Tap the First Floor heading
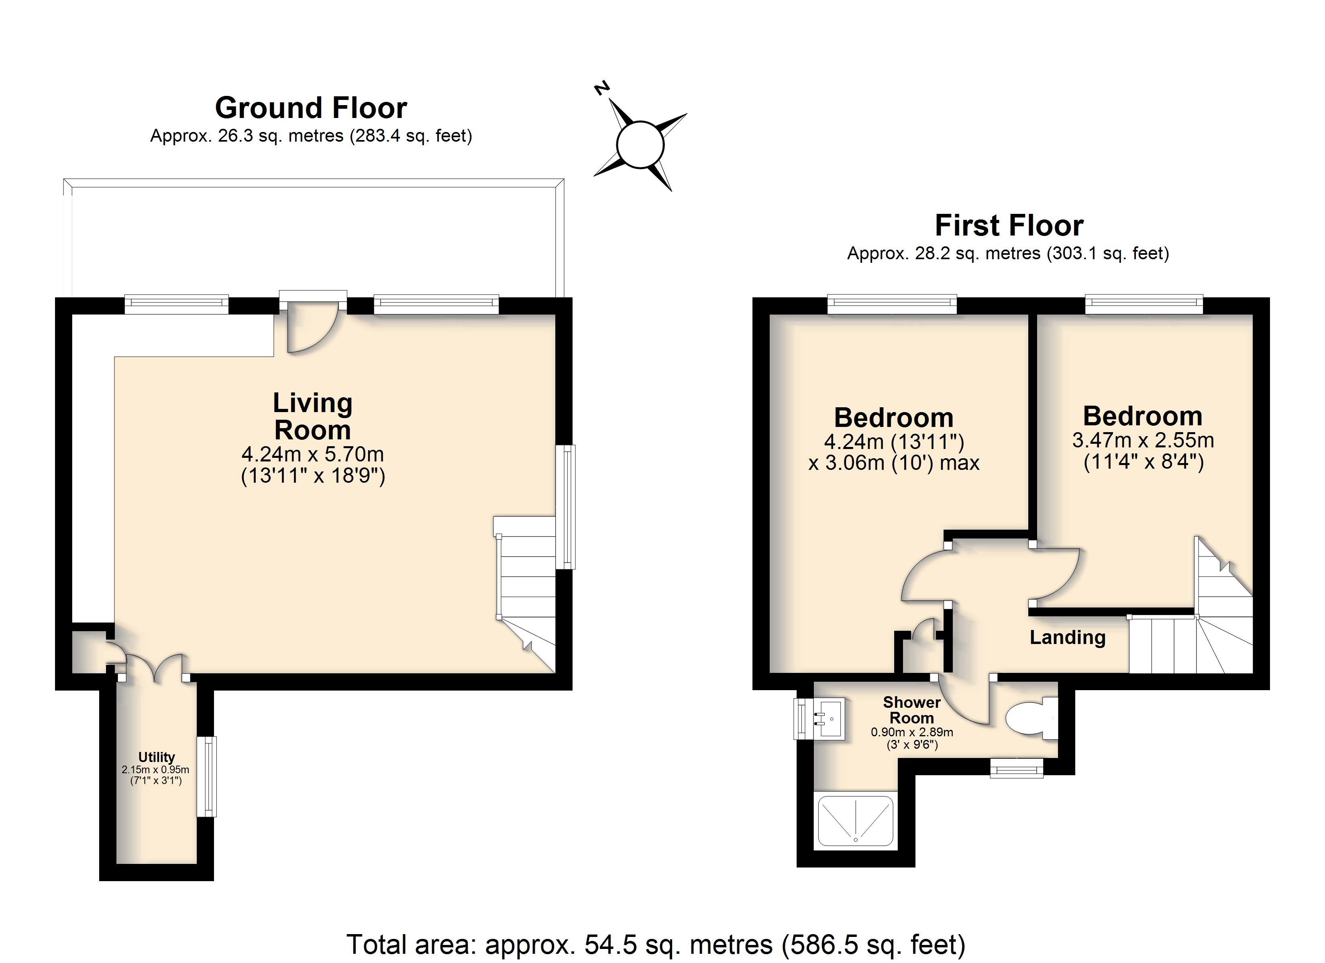tap(1009, 226)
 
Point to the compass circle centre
tap(640, 144)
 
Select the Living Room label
tap(312, 416)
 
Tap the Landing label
tap(1067, 637)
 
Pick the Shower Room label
tap(912, 710)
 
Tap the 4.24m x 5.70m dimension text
tap(312, 454)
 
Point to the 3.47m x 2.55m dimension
tap(1143, 440)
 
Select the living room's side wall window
tap(565, 507)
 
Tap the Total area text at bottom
tap(656, 944)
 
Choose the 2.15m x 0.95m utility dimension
tap(155, 770)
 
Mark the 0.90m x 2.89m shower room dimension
tap(912, 732)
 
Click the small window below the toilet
tap(1017, 767)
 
